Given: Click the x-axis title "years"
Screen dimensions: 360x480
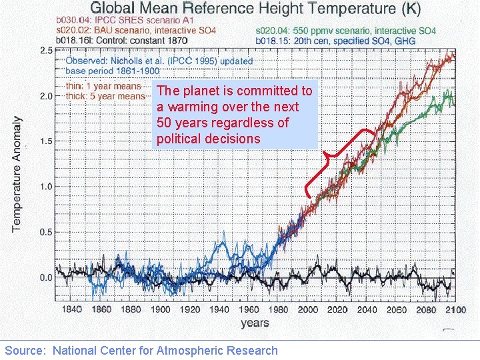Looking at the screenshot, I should [x=255, y=323].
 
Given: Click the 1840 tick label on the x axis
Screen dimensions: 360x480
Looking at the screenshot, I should [x=71, y=309].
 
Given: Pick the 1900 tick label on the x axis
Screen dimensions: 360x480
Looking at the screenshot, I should [x=161, y=309].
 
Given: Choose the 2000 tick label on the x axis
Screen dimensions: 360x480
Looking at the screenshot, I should [x=308, y=309].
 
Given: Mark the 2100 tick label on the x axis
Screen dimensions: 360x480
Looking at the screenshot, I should [x=455, y=309].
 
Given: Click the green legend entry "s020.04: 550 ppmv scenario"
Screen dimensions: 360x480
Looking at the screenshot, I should [x=345, y=31].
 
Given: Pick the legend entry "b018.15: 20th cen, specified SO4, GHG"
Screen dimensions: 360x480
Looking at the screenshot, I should [x=335, y=41].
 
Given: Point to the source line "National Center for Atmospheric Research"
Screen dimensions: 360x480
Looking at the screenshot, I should [x=165, y=350].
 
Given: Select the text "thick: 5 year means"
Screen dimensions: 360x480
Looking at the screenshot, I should [x=105, y=96].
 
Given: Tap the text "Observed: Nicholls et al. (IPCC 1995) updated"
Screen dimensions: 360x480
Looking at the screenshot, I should [x=159, y=61].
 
